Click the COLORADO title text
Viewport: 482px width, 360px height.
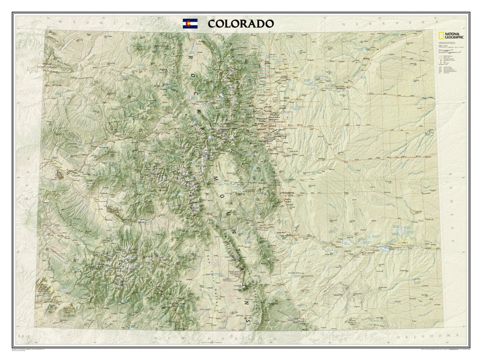241,23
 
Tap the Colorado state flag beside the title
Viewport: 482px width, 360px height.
190,23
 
